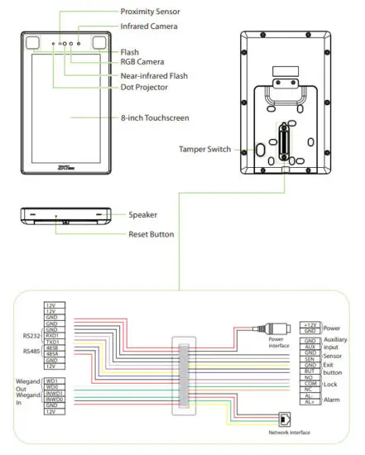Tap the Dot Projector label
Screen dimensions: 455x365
(x=145, y=86)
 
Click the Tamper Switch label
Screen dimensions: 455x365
(x=204, y=150)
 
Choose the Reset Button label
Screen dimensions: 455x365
(x=151, y=234)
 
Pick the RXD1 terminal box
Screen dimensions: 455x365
(x=52, y=335)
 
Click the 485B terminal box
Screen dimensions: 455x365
(x=52, y=348)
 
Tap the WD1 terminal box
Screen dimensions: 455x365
(x=52, y=381)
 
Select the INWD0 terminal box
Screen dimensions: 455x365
(x=52, y=399)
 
